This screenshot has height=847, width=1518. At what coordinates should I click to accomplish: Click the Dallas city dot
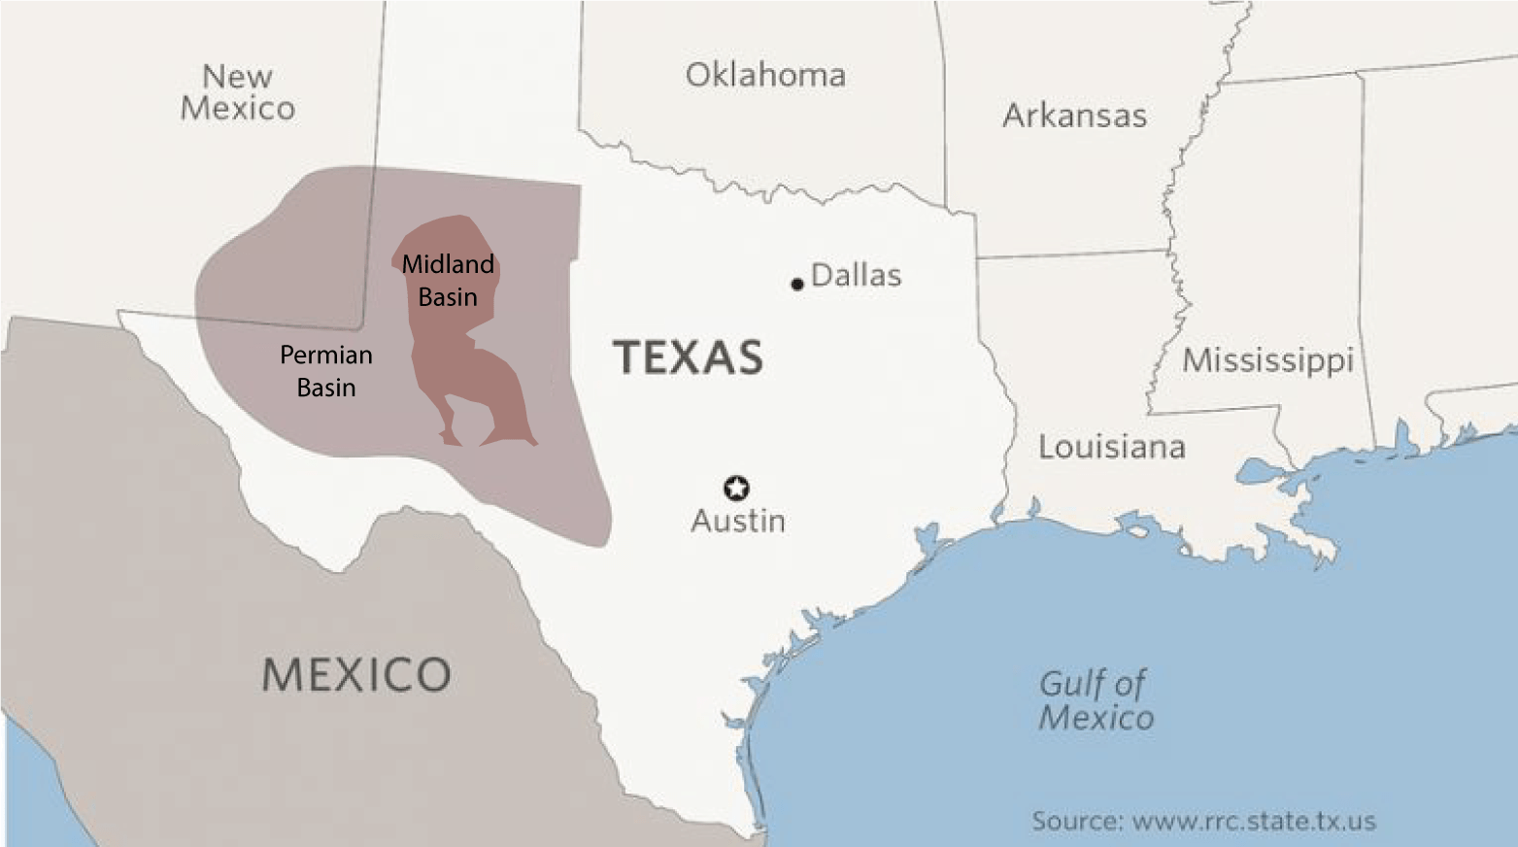797,284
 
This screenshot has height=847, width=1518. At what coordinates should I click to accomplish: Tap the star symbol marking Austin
736,488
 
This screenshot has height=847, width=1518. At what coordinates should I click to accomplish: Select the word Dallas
856,276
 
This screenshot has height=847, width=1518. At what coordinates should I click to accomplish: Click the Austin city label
738,522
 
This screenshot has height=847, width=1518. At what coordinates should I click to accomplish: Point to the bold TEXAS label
688,357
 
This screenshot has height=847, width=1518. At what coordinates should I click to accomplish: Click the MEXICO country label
356,674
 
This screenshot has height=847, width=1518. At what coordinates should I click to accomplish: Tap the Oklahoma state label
765,76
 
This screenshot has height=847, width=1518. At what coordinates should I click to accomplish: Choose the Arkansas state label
1074,116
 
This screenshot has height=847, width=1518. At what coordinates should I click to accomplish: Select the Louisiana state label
1112,447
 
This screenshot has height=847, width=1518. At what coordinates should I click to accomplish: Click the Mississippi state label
1267,360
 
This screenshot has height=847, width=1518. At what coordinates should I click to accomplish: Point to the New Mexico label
238,92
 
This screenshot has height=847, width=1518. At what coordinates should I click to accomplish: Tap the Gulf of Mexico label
1096,700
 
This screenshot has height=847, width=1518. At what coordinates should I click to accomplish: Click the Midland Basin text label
448,281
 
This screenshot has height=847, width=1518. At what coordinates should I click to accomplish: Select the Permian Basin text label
326,371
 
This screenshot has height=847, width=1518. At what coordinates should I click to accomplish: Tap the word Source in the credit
1075,821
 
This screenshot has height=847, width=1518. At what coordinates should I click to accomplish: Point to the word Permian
326,356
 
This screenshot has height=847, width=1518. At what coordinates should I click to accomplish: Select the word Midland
448,264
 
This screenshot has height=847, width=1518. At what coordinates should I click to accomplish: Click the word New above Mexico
238,76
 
